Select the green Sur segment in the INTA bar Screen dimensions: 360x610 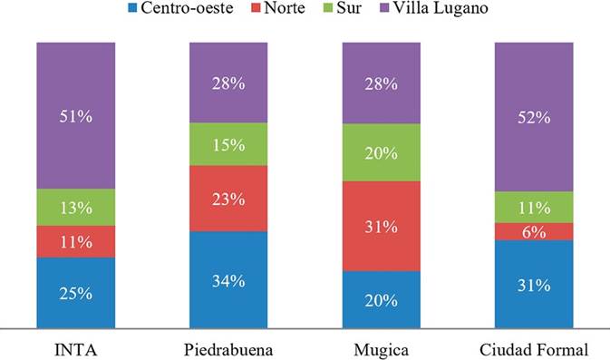coord(76,208)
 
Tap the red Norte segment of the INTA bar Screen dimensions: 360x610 coord(76,241)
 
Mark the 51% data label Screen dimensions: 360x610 coord(76,116)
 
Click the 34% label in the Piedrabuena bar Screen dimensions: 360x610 coord(229,280)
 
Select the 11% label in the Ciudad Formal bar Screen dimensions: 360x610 coord(535,208)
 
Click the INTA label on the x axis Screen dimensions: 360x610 coord(76,348)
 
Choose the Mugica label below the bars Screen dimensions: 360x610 coord(382,348)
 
